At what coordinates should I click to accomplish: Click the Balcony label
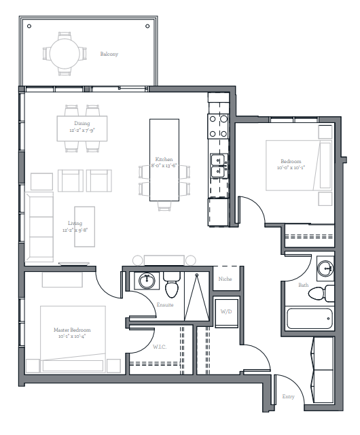click(x=109, y=54)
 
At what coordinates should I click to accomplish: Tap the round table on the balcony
click(x=65, y=54)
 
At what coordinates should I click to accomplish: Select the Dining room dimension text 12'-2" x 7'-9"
click(x=82, y=130)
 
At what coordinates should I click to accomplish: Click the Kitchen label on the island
click(x=164, y=159)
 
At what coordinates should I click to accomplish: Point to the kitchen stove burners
click(x=218, y=126)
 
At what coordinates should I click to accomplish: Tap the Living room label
click(x=75, y=223)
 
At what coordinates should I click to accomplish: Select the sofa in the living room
click(x=39, y=227)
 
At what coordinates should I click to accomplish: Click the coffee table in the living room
click(x=85, y=226)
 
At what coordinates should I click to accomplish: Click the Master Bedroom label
click(x=72, y=330)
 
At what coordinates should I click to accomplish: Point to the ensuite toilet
click(x=172, y=285)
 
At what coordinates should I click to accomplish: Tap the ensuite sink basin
click(x=147, y=281)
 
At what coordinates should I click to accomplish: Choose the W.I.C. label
click(x=160, y=347)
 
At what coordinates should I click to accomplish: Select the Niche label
click(x=225, y=279)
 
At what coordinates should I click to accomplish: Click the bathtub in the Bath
click(x=309, y=319)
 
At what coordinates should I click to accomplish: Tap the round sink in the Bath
click(x=325, y=268)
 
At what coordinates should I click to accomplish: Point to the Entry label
click(x=288, y=397)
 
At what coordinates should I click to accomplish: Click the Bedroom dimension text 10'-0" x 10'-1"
click(x=291, y=168)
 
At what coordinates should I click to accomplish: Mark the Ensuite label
click(x=165, y=304)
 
